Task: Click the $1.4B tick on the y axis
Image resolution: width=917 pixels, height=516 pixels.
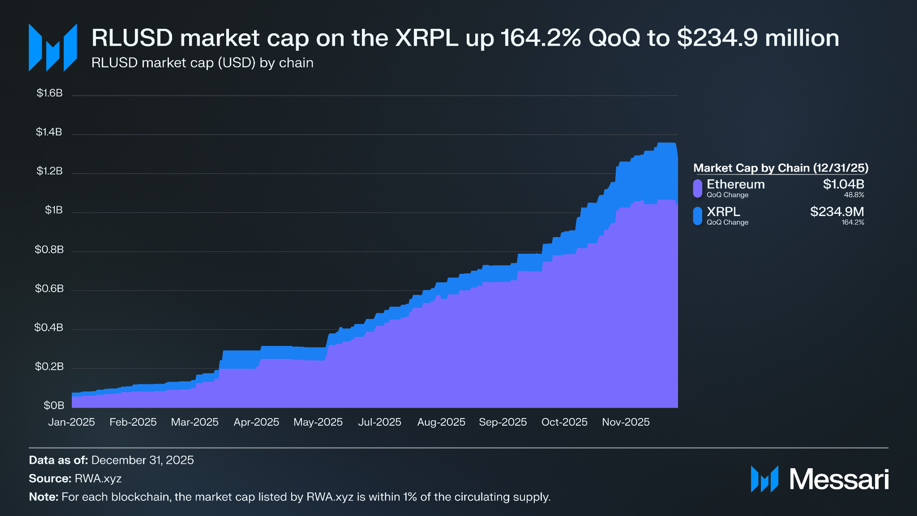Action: (x=49, y=132)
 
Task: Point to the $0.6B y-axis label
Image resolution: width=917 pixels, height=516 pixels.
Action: (x=49, y=288)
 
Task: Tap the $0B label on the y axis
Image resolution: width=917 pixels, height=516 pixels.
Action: (x=54, y=405)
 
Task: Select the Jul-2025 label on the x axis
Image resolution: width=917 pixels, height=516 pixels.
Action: (x=379, y=422)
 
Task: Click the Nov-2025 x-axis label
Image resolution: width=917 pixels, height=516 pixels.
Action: (x=625, y=422)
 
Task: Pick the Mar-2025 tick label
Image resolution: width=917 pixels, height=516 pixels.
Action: (x=195, y=422)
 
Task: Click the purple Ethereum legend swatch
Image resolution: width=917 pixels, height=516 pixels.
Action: (x=697, y=188)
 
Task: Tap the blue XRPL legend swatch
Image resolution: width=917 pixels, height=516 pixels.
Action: (x=697, y=216)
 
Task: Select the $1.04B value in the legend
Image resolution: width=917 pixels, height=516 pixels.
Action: (x=843, y=184)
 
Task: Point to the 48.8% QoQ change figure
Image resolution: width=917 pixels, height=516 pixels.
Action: (x=854, y=195)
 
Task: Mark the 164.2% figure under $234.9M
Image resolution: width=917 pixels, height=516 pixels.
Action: (x=853, y=222)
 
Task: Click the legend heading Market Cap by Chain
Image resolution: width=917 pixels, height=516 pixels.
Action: (x=781, y=168)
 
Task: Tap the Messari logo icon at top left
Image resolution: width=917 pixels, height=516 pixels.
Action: (x=53, y=47)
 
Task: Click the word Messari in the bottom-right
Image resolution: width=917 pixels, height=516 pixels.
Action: (x=839, y=479)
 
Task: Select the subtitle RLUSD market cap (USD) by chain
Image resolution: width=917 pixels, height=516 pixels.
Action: (x=202, y=63)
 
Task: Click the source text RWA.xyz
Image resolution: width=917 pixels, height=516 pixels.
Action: (x=98, y=478)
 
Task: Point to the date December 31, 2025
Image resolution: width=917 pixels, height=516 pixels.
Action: (x=142, y=460)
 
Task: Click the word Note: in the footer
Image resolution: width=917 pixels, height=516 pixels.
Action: (x=43, y=497)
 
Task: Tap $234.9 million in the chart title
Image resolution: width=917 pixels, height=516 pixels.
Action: (x=758, y=38)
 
